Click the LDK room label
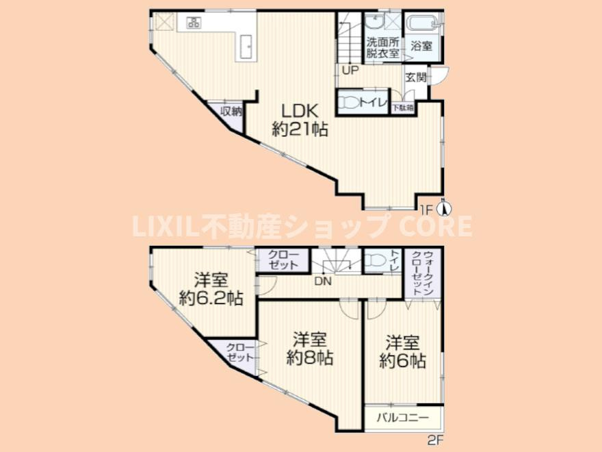click(300, 112)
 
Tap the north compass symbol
click(444, 208)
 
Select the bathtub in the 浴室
click(422, 23)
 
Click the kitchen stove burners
click(194, 23)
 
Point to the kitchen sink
click(246, 47)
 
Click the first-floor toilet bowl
click(350, 103)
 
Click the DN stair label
click(323, 281)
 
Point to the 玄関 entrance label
click(416, 77)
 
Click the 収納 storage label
click(231, 112)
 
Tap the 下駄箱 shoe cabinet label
click(403, 108)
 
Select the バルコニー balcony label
click(403, 417)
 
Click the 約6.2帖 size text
click(211, 298)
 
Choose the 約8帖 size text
click(310, 358)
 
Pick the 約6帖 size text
click(403, 361)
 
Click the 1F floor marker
click(427, 210)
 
